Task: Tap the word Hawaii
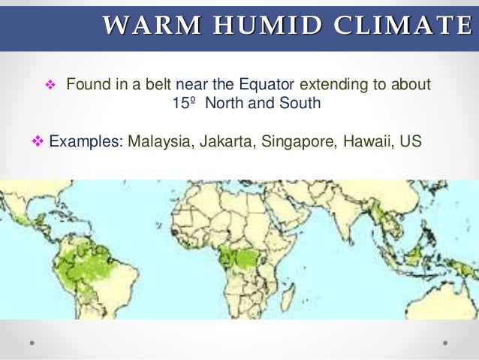tap(362, 141)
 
